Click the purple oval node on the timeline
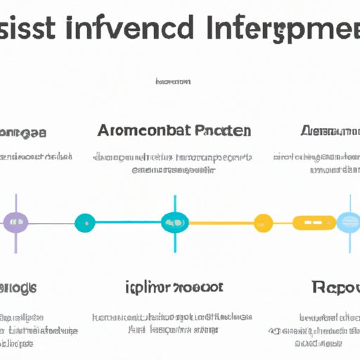(15, 223)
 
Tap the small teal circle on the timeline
(84, 224)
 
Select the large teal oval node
(174, 224)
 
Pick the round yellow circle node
(263, 224)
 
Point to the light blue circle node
(348, 223)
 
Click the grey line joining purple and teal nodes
(51, 224)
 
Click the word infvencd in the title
(136, 30)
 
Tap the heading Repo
(333, 288)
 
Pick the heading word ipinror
(150, 288)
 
